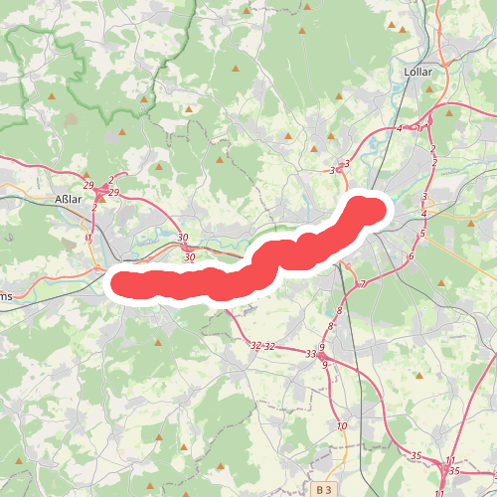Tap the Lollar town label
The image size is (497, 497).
click(x=422, y=73)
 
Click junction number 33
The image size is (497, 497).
click(x=311, y=353)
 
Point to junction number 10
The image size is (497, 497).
click(x=342, y=425)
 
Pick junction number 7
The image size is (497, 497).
click(x=363, y=284)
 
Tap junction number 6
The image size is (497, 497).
click(x=410, y=256)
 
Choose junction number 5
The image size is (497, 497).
click(x=422, y=234)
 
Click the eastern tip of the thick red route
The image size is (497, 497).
click(x=383, y=209)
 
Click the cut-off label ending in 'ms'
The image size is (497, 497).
click(x=6, y=295)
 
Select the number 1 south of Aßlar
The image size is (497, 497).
click(x=88, y=238)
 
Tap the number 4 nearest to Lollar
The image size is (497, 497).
click(x=399, y=128)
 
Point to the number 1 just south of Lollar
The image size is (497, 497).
click(x=418, y=127)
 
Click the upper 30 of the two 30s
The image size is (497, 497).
click(x=182, y=237)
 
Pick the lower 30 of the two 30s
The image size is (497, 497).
click(x=190, y=257)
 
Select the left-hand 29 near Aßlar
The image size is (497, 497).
click(x=89, y=187)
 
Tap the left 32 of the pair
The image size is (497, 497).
click(x=255, y=346)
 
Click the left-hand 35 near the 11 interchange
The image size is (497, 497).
click(x=416, y=455)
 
